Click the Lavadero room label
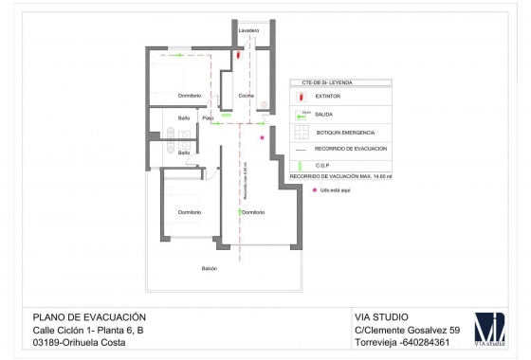[x=248, y=30]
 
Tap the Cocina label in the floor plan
[x=246, y=97]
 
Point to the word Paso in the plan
[x=208, y=117]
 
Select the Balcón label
[x=209, y=268]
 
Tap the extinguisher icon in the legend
[x=302, y=97]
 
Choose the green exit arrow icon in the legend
[x=302, y=116]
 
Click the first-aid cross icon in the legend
[x=302, y=133]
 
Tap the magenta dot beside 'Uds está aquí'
[x=314, y=190]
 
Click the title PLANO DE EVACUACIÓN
[x=89, y=316]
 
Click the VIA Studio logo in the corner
[x=490, y=329]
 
